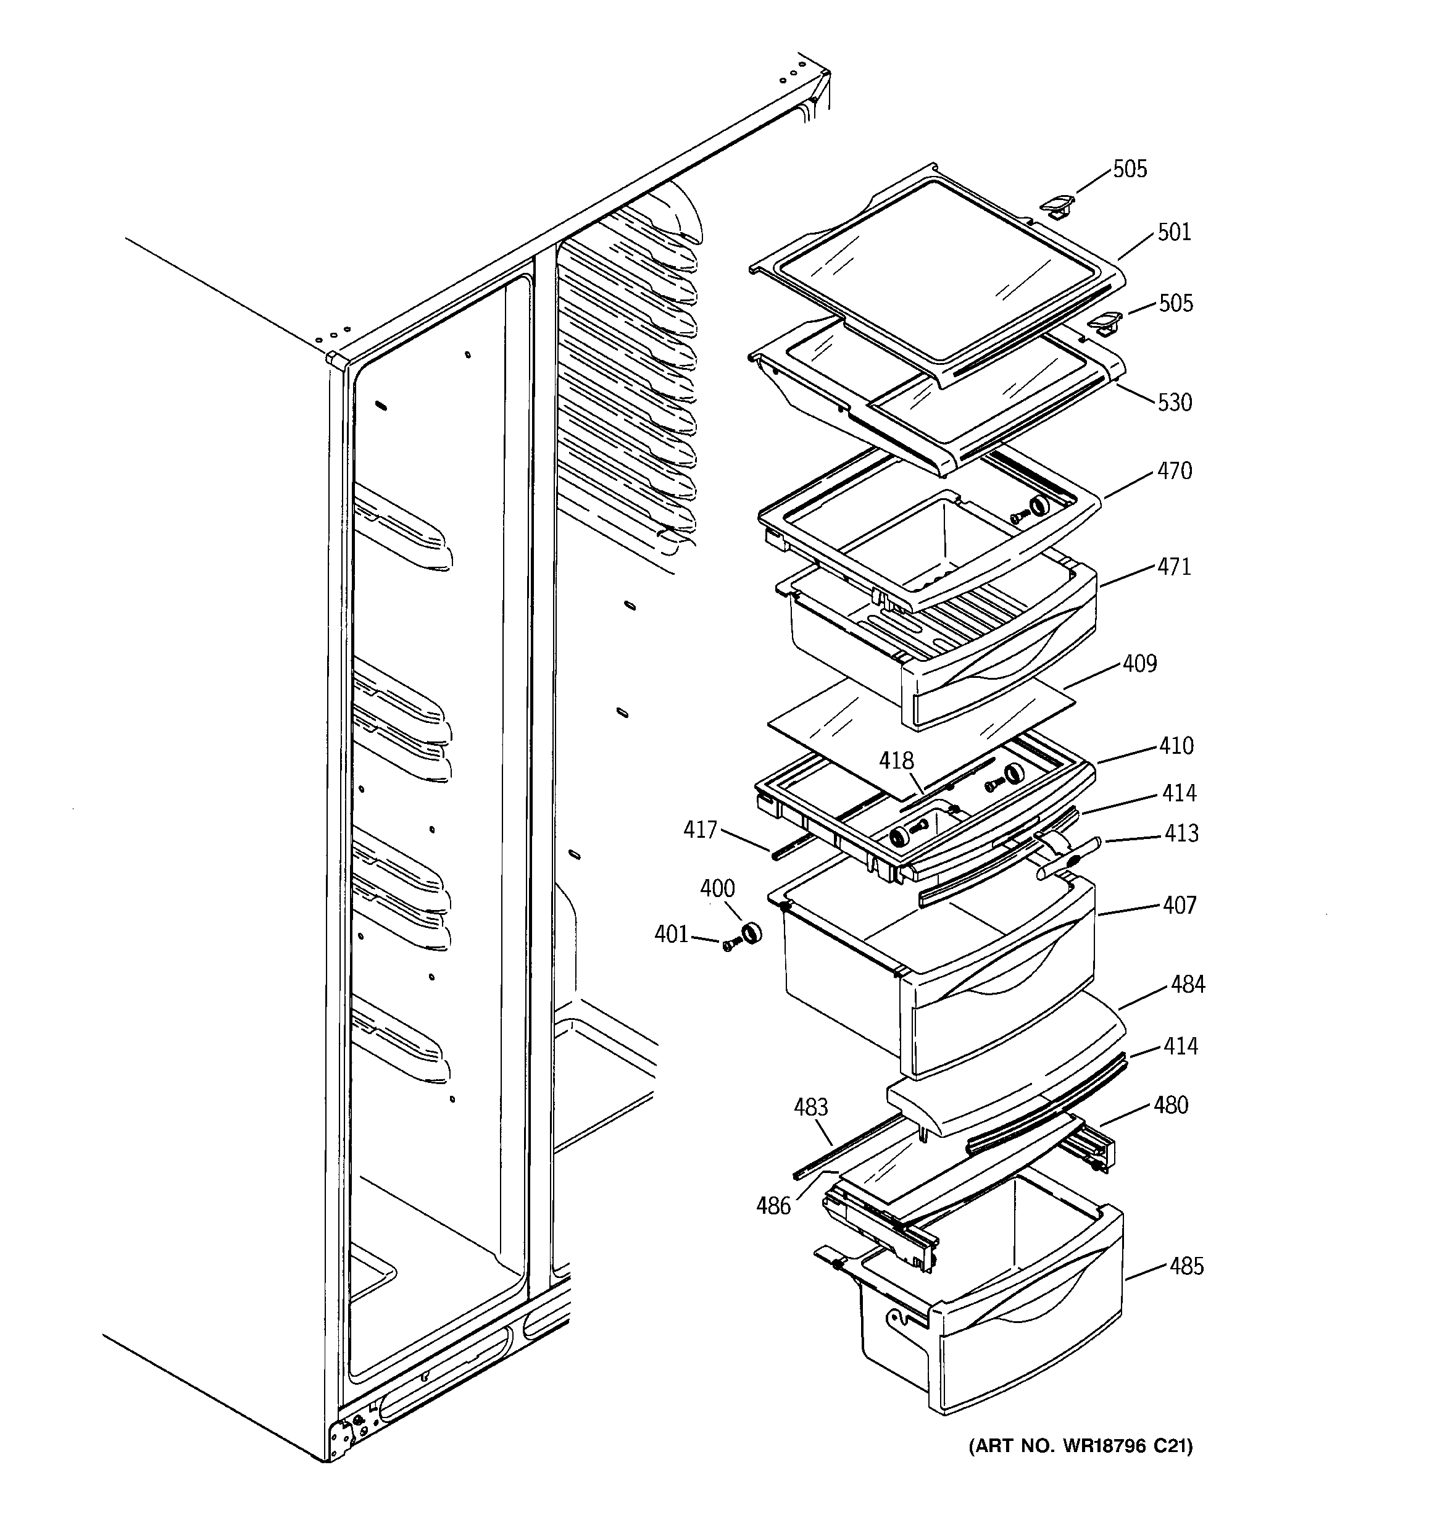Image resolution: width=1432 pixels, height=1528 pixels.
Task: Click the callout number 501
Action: (1174, 232)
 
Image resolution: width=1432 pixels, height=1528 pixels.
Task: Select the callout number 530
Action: (1175, 402)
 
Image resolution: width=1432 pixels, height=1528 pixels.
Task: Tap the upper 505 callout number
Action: (1130, 169)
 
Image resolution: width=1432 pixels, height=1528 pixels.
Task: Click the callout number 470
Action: (1175, 470)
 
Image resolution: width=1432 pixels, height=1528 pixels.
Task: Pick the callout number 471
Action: (1175, 567)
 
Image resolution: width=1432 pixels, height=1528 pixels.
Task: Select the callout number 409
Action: (1139, 663)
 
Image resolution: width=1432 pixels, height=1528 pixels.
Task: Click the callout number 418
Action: (896, 761)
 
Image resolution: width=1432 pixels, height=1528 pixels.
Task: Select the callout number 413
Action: (1181, 833)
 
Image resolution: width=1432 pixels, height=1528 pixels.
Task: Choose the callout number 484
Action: (1188, 984)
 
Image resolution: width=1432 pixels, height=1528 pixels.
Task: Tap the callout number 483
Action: (811, 1107)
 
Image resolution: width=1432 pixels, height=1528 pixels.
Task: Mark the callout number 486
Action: (773, 1206)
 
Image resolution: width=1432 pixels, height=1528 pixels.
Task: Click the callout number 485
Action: (1186, 1266)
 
